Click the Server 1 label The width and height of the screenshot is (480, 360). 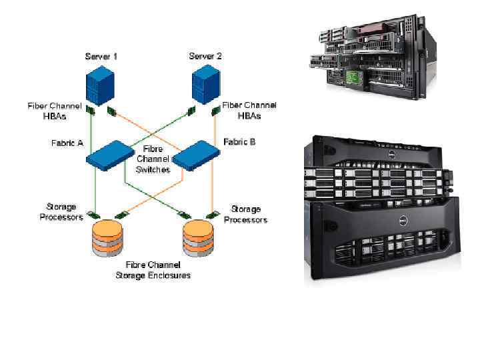(101, 56)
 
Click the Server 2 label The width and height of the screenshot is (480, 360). (205, 56)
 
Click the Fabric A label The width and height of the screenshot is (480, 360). (67, 143)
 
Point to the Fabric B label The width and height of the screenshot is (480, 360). (239, 142)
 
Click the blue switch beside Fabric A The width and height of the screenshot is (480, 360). (110, 154)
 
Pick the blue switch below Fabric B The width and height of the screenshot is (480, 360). (197, 154)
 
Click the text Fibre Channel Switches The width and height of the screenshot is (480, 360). (153, 159)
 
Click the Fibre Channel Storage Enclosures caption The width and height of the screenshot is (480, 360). (153, 270)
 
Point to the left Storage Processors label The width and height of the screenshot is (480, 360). (61, 212)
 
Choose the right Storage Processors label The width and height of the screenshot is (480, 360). (245, 214)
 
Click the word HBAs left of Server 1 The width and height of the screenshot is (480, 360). (55, 115)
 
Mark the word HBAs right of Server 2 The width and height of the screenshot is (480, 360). (249, 115)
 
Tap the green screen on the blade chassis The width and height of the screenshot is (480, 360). (357, 77)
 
